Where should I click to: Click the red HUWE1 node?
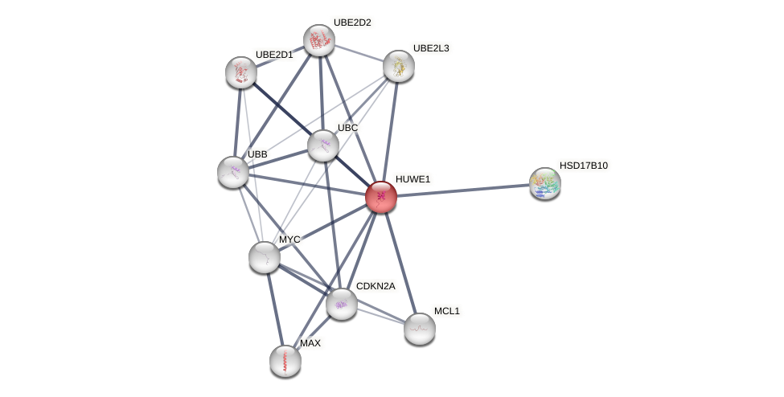(381, 197)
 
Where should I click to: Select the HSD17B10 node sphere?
(545, 183)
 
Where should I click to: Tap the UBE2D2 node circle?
(319, 40)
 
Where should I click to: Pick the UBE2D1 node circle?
(241, 72)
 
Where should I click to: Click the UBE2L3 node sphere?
(399, 66)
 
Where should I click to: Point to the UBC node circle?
(323, 145)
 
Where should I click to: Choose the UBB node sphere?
(233, 172)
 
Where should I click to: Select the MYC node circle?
(265, 257)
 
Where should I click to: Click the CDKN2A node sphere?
(342, 304)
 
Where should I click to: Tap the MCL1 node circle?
(420, 328)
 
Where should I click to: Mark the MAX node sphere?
(285, 361)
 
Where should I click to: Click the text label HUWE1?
(413, 179)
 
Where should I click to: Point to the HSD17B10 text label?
(584, 166)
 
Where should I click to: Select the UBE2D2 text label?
(352, 23)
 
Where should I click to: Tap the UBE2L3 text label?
(431, 48)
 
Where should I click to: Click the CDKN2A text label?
(376, 286)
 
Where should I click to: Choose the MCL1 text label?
(446, 311)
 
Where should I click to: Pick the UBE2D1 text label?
(274, 55)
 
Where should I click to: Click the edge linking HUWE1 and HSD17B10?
(463, 190)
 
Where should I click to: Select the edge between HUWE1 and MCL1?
(400, 262)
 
